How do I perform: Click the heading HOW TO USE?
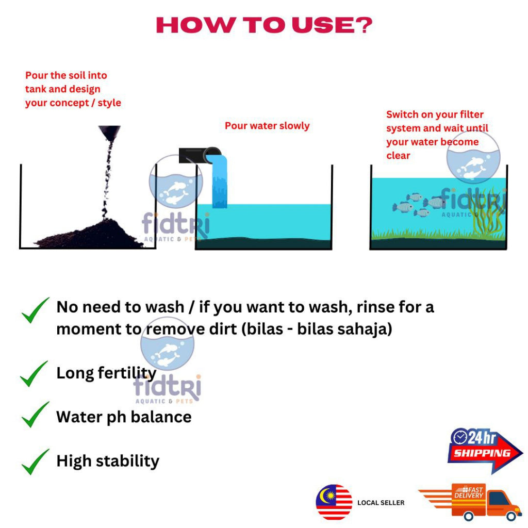[x=264, y=25]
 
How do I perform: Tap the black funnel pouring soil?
[x=109, y=134]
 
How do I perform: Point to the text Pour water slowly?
[x=267, y=126]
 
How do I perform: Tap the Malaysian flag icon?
[x=334, y=502]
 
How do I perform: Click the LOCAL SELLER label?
[x=381, y=503]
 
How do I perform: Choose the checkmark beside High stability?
[x=35, y=461]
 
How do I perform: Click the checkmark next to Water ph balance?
[x=35, y=416]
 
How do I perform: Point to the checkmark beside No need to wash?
[x=35, y=310]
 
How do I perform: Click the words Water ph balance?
[x=124, y=417]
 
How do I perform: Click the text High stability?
[x=108, y=460]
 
